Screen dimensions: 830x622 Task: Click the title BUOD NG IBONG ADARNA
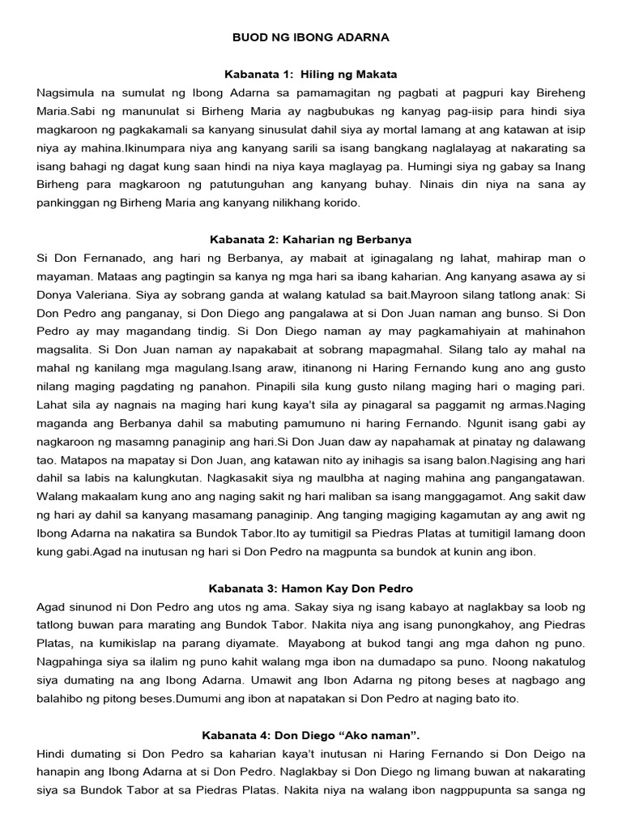pyautogui.click(x=311, y=37)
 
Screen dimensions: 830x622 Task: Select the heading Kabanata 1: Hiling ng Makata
pyautogui.click(x=311, y=74)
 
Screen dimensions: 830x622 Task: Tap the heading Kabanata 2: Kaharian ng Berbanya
pyautogui.click(x=311, y=239)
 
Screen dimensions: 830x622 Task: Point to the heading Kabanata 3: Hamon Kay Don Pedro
pyautogui.click(x=311, y=588)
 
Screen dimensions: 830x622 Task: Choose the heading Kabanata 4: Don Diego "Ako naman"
pyautogui.click(x=311, y=735)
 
